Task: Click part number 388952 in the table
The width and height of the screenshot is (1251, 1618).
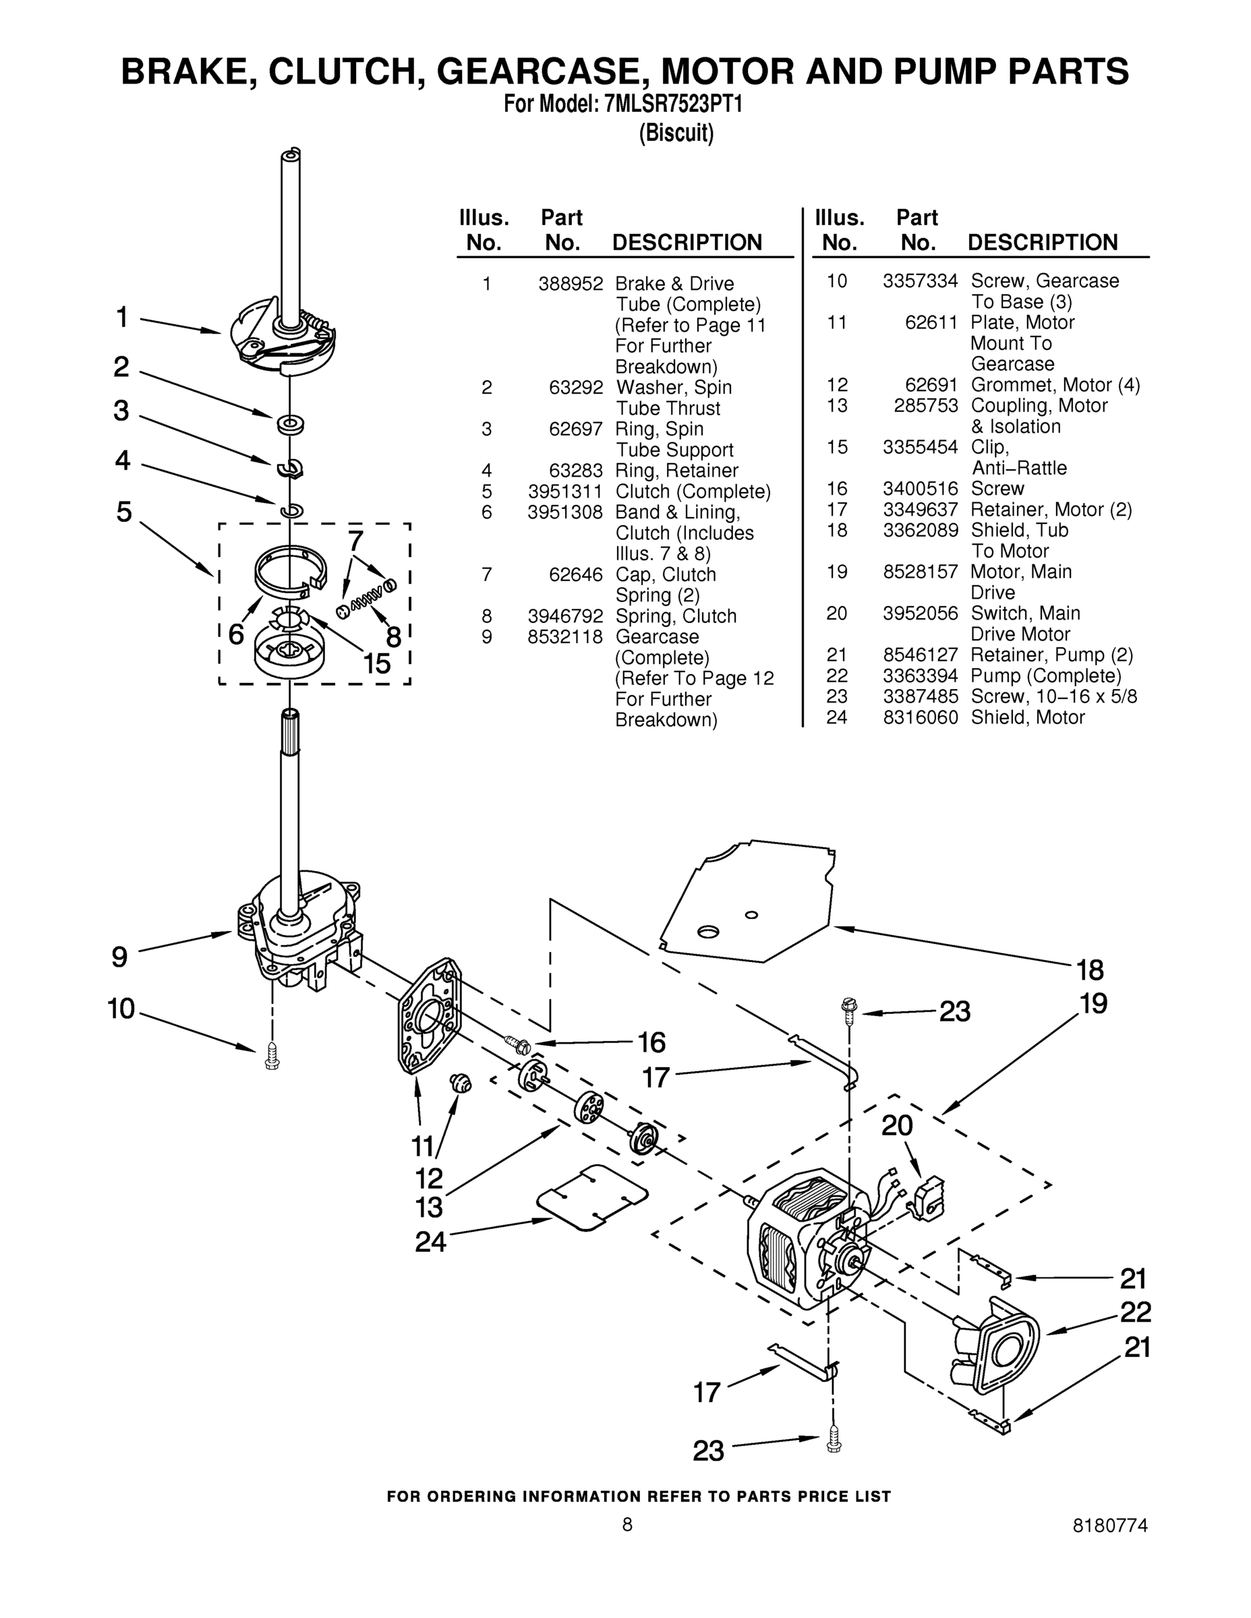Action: point(571,284)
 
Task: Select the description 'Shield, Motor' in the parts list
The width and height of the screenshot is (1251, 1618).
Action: point(1027,717)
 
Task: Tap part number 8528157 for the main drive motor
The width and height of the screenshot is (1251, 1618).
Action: point(920,572)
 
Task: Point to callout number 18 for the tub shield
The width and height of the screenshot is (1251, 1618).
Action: point(1089,969)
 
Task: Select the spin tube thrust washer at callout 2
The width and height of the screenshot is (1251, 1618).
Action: point(291,425)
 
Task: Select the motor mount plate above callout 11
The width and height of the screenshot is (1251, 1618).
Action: point(430,1015)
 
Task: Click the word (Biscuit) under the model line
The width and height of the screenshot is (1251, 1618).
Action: point(676,133)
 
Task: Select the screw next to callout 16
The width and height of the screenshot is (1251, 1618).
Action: point(517,1044)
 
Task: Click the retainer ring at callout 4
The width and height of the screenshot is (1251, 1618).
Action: point(291,510)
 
